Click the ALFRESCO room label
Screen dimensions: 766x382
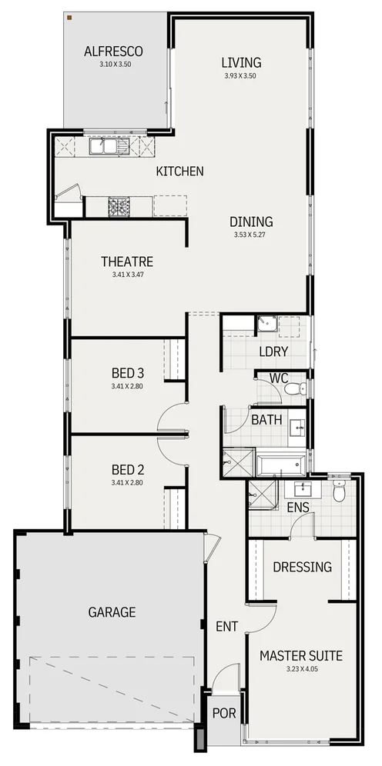pyautogui.click(x=113, y=52)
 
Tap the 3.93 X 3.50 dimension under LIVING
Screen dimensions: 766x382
pyautogui.click(x=241, y=76)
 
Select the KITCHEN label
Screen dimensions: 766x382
pyautogui.click(x=179, y=171)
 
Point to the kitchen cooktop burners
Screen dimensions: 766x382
pyautogui.click(x=119, y=206)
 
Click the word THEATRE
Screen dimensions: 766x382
pyautogui.click(x=127, y=261)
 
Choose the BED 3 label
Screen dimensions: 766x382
pyautogui.click(x=128, y=374)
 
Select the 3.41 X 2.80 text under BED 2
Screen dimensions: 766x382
pyautogui.click(x=127, y=482)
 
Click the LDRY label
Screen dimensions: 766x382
pyautogui.click(x=273, y=351)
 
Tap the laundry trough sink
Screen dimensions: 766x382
pyautogui.click(x=266, y=325)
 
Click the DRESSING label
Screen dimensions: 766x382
pyautogui.click(x=303, y=567)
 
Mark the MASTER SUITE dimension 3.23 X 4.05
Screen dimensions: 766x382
pyautogui.click(x=300, y=670)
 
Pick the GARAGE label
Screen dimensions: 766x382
pyautogui.click(x=112, y=612)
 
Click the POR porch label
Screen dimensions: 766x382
pyautogui.click(x=224, y=714)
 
